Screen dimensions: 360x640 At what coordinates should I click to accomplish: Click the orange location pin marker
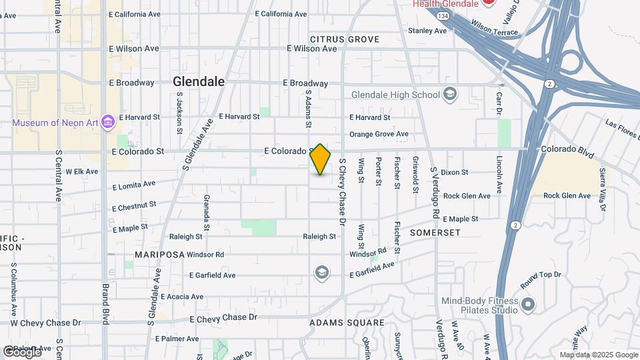(x=321, y=159)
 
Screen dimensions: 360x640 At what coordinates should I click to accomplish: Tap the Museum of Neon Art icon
(x=108, y=123)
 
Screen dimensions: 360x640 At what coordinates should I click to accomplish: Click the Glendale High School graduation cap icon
(x=450, y=94)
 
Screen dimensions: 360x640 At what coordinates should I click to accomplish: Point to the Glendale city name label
(x=198, y=81)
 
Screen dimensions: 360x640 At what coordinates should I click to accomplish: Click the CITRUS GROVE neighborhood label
(x=345, y=39)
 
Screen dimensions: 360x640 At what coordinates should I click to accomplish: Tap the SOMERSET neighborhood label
(x=435, y=233)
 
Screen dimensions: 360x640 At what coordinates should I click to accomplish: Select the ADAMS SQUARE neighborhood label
(x=347, y=323)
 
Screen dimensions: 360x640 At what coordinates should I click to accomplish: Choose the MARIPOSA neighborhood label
(x=159, y=255)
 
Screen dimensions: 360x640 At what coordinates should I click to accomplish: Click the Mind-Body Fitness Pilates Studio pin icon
(x=528, y=305)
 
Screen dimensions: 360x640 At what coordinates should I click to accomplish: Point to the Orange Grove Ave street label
(x=379, y=134)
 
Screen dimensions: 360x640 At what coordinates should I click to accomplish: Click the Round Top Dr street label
(x=541, y=275)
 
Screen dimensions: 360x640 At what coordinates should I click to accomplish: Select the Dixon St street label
(x=455, y=172)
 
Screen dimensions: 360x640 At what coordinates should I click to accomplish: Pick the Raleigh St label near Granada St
(x=185, y=237)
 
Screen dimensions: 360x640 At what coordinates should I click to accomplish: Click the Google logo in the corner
(x=22, y=351)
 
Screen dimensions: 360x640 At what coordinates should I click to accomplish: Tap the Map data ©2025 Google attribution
(x=598, y=355)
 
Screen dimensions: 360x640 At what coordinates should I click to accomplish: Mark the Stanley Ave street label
(x=427, y=31)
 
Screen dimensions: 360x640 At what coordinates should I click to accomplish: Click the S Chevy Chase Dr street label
(x=343, y=190)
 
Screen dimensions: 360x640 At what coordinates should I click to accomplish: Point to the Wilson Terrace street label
(x=494, y=27)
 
